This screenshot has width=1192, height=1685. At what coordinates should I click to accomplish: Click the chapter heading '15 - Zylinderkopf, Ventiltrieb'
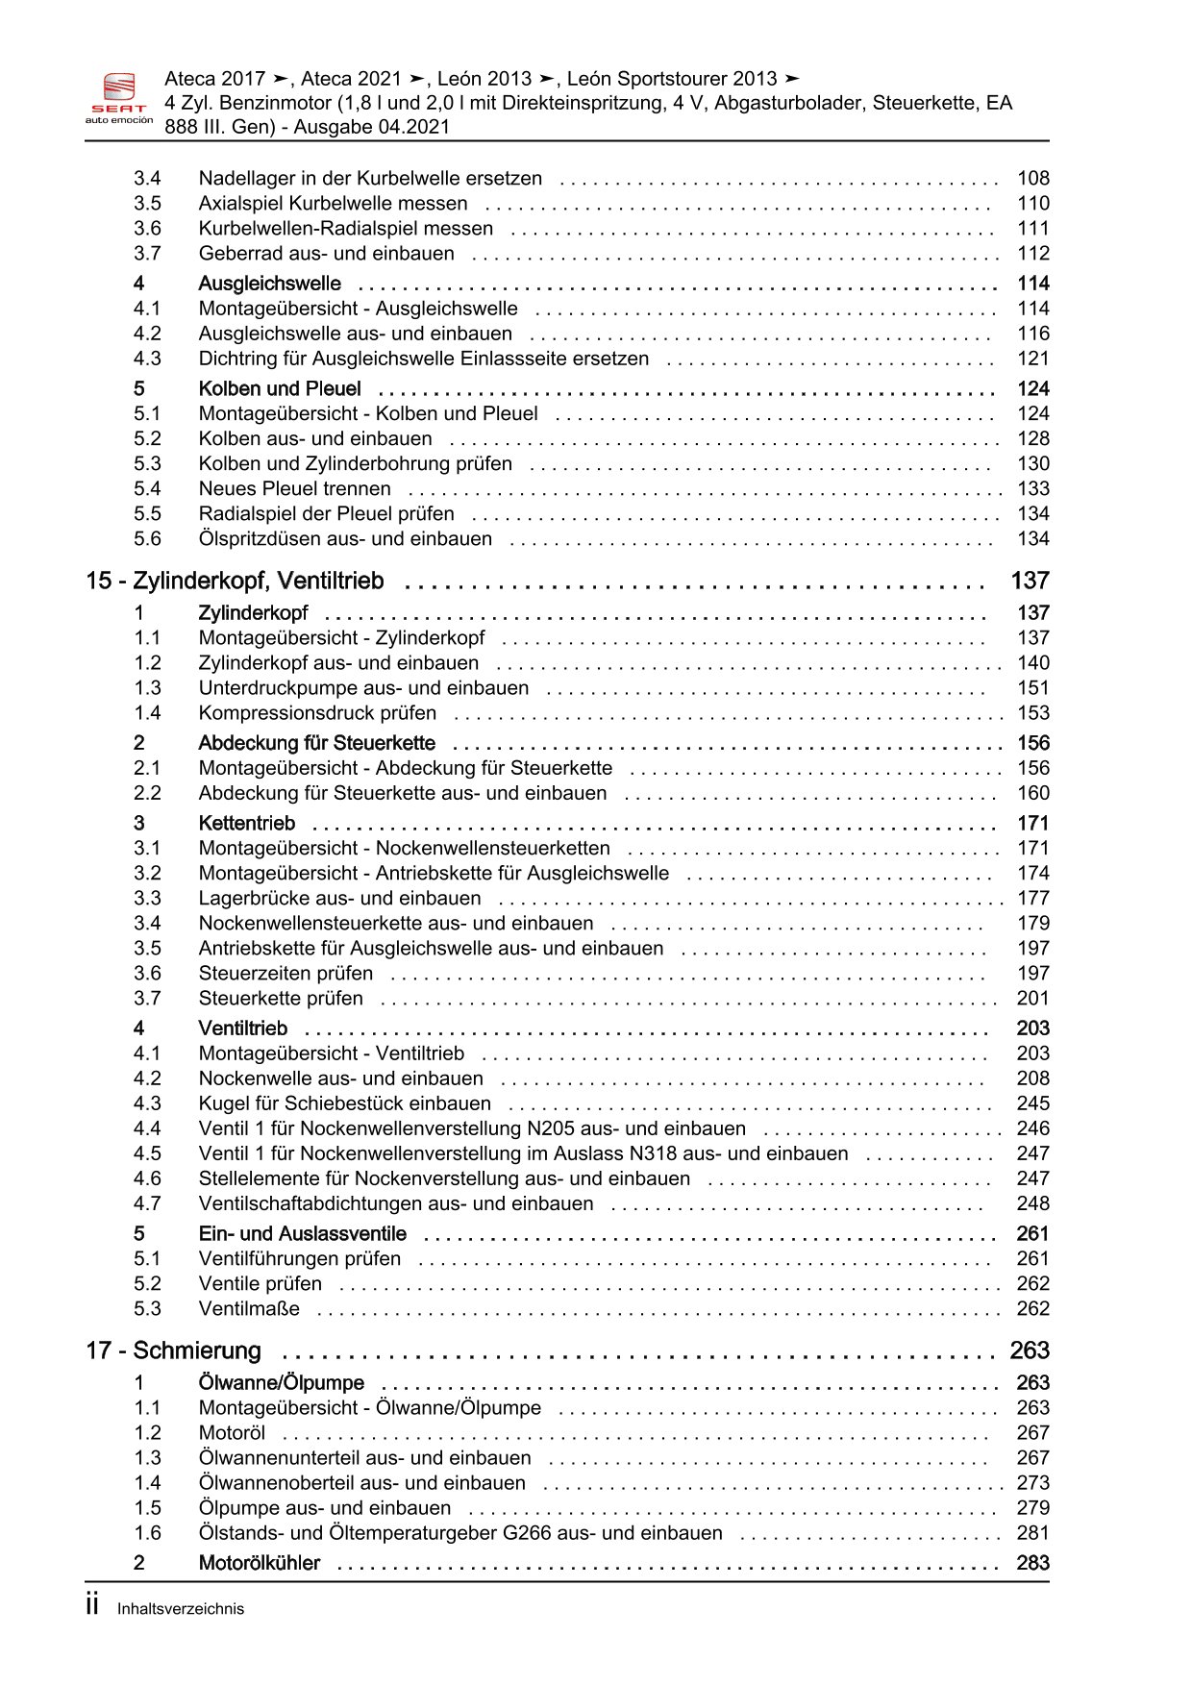coord(235,582)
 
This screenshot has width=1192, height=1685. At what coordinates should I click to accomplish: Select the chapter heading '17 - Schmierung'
coord(173,1351)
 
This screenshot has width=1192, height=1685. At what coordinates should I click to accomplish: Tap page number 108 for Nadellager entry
coord(1033,179)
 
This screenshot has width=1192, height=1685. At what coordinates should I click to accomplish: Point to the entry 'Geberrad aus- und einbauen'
coord(326,254)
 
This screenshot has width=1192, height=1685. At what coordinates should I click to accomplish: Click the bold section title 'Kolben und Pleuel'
coord(280,389)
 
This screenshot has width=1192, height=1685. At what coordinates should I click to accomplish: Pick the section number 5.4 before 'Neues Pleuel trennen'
coord(147,489)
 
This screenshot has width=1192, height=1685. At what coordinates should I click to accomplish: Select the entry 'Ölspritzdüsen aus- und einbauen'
coord(345,539)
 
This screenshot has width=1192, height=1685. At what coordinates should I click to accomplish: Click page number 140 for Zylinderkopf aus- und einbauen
coord(1033,663)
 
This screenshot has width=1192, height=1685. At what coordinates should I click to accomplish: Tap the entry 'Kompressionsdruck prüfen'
coord(317,713)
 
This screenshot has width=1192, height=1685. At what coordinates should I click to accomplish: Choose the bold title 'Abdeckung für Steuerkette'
coord(316,744)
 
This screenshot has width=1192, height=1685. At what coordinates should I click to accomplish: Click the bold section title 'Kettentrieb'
coord(247,824)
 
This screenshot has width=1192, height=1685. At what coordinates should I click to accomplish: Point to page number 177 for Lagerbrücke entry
coord(1033,899)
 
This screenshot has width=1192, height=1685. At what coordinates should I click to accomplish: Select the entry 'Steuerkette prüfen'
coord(281,999)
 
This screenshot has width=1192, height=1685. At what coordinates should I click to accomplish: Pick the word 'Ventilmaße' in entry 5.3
coord(249,1309)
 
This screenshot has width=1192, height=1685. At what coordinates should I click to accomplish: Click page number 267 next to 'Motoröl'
coord(1033,1433)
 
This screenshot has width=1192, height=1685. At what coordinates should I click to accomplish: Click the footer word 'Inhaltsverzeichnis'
coord(181,1609)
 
